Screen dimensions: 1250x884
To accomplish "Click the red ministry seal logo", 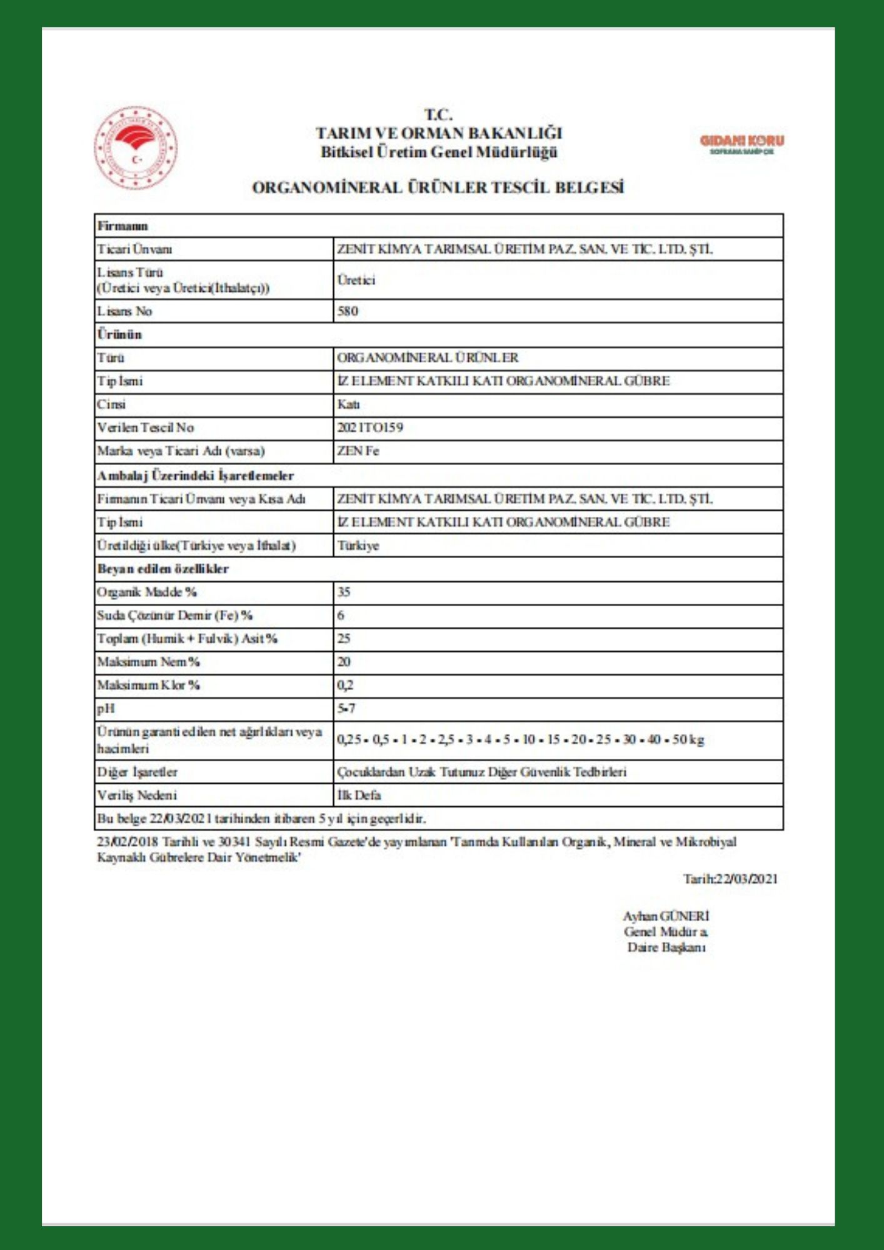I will click(136, 148).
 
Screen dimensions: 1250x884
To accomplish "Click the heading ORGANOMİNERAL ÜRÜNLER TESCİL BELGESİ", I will click(438, 187).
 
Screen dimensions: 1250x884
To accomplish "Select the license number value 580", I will click(348, 311).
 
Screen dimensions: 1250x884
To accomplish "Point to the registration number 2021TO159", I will click(370, 427).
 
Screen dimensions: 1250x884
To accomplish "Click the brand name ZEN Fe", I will click(358, 451).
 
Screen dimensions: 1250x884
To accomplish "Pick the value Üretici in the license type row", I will click(356, 280).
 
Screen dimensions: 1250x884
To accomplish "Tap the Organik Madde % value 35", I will click(344, 592).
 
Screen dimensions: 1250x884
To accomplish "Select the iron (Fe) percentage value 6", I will click(341, 615).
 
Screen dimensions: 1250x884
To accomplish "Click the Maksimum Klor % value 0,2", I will click(345, 685).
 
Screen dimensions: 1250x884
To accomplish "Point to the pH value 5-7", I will click(346, 708).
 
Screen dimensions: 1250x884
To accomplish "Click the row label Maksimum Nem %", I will click(148, 662).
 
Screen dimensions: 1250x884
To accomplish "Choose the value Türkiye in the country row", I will click(358, 546).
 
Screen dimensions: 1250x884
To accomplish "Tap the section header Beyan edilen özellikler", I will click(163, 569).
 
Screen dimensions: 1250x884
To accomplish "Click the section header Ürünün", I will click(119, 334).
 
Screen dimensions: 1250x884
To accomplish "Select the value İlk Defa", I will click(359, 795).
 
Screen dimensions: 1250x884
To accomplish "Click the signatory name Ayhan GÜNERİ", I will click(666, 916).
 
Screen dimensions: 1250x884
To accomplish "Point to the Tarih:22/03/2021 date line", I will click(730, 879).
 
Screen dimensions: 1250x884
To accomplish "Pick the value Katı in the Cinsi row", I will click(348, 404).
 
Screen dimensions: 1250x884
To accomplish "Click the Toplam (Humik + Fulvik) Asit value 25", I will click(344, 638).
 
